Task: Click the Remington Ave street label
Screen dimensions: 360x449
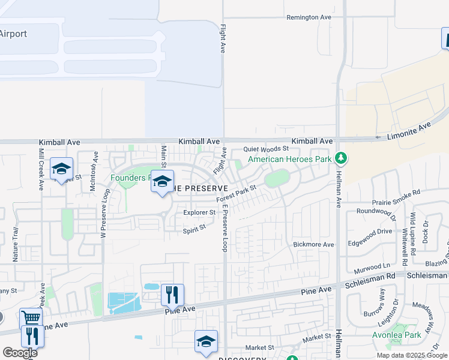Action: [x=309, y=17]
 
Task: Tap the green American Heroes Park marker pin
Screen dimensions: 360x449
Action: [x=341, y=158]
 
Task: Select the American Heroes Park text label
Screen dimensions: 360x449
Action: [x=290, y=159]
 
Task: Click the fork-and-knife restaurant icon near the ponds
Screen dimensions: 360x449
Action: [x=172, y=295]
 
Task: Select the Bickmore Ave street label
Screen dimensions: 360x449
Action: [x=313, y=244]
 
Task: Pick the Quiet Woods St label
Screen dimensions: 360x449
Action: [x=266, y=149]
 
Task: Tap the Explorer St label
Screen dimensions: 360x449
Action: [x=199, y=212]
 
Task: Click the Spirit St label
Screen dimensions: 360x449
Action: [x=194, y=227]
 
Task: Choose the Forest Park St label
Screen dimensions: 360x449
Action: [x=237, y=193]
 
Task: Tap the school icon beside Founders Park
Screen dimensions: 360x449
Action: [x=162, y=181]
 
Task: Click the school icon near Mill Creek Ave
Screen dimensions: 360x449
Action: [x=61, y=169]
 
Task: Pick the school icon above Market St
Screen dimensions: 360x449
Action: [x=206, y=341]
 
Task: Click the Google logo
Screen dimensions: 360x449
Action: [x=20, y=353]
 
